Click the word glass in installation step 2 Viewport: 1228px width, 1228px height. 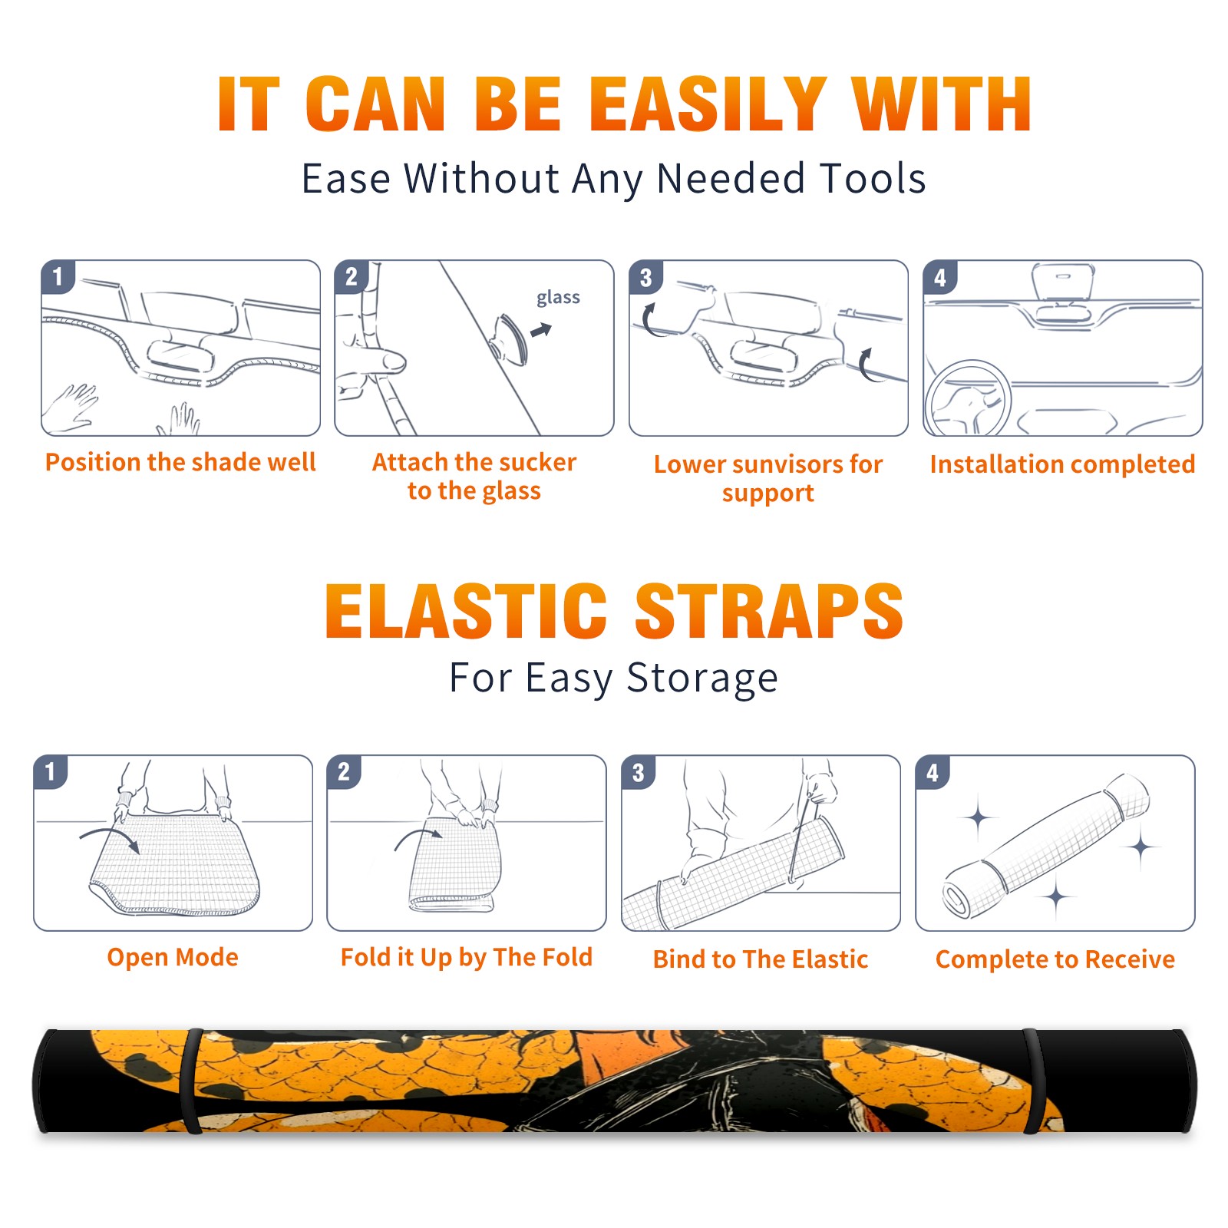558,298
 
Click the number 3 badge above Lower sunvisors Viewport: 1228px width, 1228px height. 645,277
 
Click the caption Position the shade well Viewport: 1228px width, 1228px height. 180,462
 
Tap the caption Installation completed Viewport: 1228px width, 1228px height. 1062,464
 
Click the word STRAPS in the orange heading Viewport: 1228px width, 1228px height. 769,611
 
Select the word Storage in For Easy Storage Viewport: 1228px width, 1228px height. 702,678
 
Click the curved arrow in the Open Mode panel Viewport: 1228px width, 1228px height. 110,839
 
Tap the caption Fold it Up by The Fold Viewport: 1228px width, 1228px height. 467,957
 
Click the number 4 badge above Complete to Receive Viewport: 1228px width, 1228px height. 933,772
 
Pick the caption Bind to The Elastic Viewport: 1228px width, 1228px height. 761,959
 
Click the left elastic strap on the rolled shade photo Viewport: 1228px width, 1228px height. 191,1081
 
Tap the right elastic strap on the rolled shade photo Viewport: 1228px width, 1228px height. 1032,1081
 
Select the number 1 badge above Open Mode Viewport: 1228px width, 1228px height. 51,772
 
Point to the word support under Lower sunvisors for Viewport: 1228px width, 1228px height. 767,494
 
